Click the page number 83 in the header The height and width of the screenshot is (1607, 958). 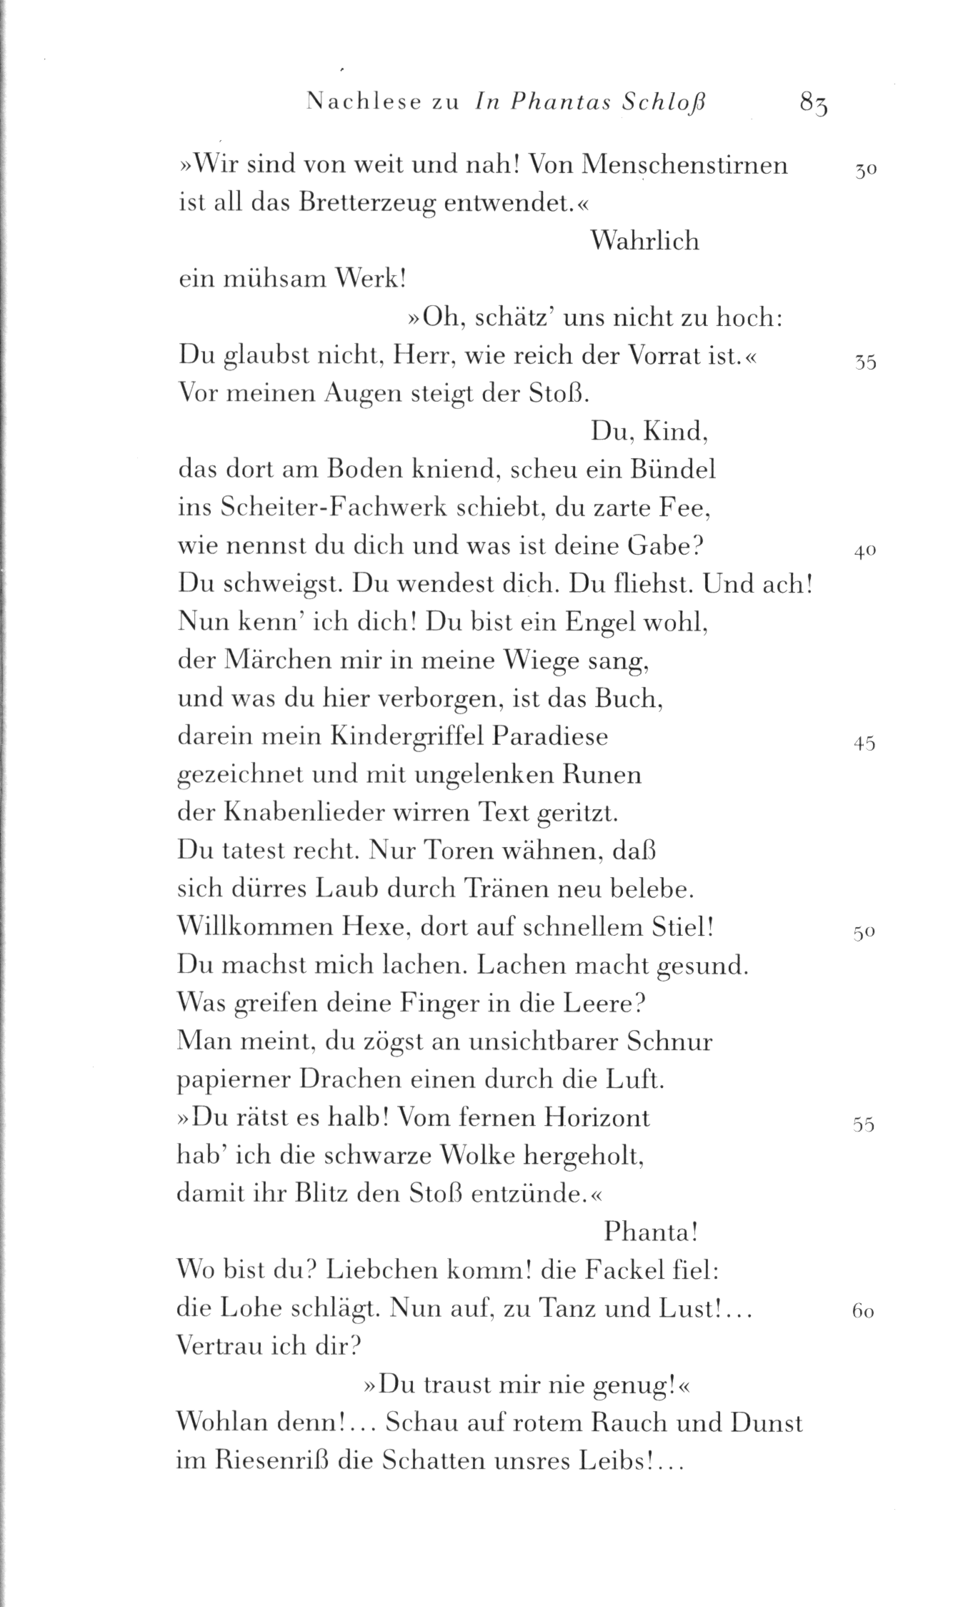(x=814, y=104)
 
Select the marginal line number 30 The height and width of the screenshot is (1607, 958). (x=865, y=172)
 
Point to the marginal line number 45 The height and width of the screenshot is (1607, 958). (x=864, y=743)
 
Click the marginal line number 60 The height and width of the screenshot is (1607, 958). (x=864, y=1312)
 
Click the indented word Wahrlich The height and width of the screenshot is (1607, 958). (x=646, y=242)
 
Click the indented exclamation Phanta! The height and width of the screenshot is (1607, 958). (x=651, y=1232)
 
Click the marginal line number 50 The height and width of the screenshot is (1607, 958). (x=864, y=934)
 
